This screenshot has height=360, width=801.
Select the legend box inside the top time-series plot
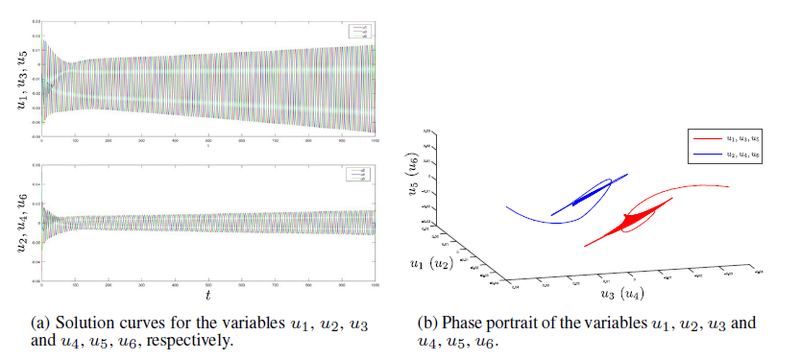point(359,32)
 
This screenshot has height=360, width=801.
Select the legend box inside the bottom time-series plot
point(359,175)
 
